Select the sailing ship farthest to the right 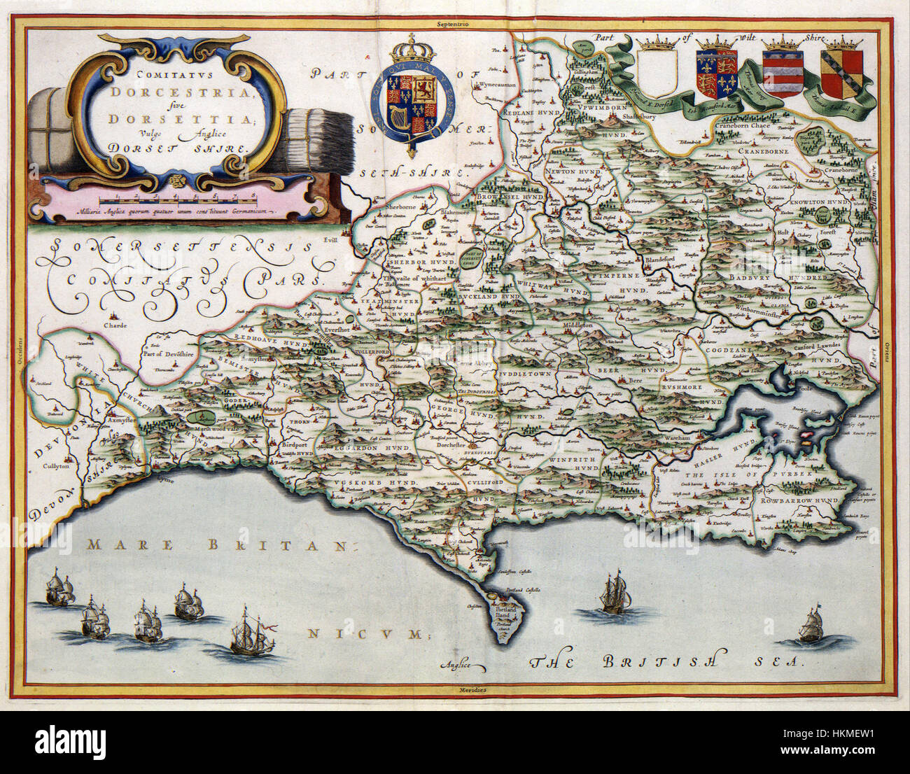812,625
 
